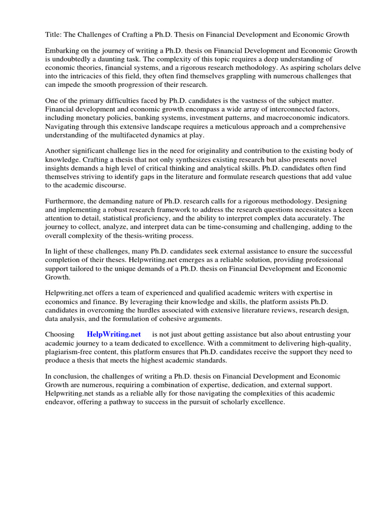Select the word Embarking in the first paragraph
pos(63,51)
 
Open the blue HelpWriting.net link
pos(114,335)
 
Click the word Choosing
pos(60,335)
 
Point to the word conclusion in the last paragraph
pos(72,377)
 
